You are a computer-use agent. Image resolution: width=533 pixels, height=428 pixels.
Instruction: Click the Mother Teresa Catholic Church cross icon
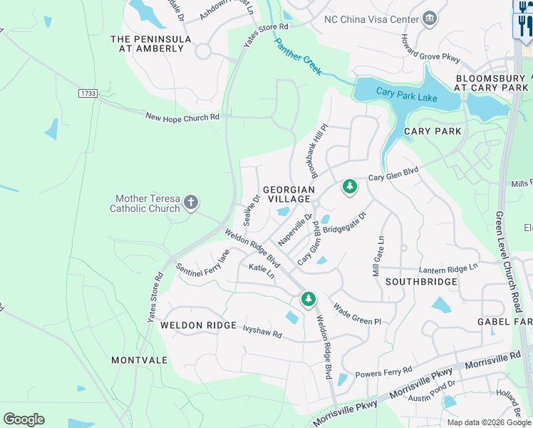tap(190, 203)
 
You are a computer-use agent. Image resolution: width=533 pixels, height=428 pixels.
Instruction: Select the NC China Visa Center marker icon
tap(430, 18)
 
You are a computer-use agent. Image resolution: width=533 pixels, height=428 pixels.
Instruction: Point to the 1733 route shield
tap(88, 93)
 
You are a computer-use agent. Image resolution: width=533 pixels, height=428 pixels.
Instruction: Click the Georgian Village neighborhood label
tap(289, 194)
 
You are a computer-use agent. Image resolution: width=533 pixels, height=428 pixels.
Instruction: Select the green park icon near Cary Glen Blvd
tap(349, 187)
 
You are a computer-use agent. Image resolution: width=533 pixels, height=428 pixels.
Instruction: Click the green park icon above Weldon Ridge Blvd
tap(308, 299)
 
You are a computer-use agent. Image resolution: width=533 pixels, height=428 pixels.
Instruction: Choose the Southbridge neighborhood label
tap(421, 282)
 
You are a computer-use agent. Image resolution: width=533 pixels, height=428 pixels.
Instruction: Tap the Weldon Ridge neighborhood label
tap(198, 325)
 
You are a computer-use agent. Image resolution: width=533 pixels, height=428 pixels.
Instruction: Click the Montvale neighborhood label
tap(139, 360)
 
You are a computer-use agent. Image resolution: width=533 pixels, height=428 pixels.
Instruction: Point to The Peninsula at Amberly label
tap(150, 44)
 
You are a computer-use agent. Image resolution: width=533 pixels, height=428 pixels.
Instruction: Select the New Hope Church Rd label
tap(182, 117)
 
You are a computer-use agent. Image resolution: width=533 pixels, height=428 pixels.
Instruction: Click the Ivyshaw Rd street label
tap(262, 332)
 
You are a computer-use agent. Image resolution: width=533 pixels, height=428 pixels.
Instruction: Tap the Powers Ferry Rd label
tap(383, 372)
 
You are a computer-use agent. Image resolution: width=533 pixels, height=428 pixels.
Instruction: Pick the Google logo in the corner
tap(24, 419)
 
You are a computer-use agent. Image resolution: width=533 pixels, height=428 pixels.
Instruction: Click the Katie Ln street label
tap(262, 270)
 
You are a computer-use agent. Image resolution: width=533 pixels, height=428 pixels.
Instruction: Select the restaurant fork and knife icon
tap(524, 26)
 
